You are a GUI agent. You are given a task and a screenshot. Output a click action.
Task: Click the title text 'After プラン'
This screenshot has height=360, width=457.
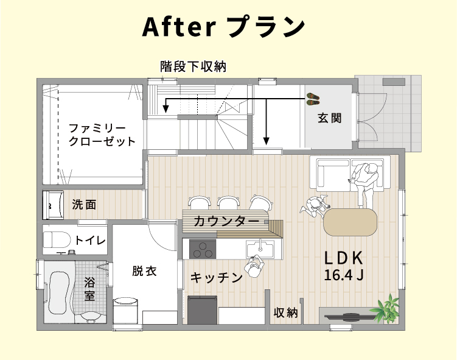223,27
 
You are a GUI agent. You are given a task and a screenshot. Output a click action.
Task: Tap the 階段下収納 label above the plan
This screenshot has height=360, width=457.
193,67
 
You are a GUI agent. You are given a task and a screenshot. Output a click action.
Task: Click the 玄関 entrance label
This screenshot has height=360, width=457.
329,118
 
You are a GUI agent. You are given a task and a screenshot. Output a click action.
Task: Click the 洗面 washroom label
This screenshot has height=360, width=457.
84,205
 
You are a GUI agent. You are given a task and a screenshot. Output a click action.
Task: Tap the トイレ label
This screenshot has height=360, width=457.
90,241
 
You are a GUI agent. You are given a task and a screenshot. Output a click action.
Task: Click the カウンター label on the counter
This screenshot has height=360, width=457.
226,221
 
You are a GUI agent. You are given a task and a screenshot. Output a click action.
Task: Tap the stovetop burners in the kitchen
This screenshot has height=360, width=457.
203,249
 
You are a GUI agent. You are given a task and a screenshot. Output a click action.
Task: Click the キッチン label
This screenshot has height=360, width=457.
217,278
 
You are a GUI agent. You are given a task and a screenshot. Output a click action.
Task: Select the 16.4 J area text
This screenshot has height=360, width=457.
344,275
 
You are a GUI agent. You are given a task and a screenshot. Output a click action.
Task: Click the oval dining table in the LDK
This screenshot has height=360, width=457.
350,222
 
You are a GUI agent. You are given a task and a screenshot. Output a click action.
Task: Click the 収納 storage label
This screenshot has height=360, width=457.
286,313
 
